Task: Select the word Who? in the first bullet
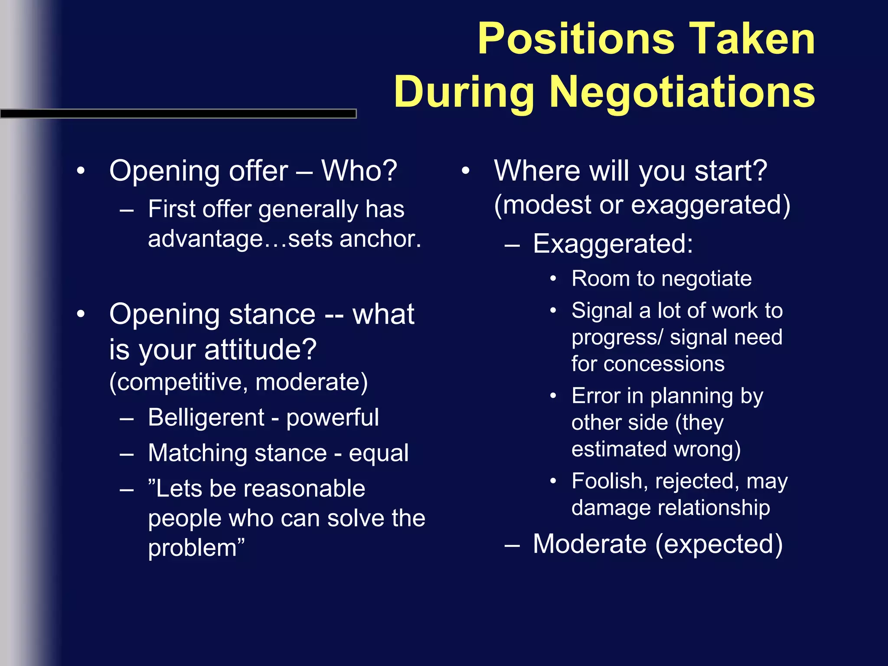(x=359, y=170)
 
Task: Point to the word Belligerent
(x=206, y=417)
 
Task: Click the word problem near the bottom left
(x=193, y=547)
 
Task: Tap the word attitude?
(x=261, y=349)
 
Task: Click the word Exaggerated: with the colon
(x=613, y=243)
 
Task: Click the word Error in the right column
(x=596, y=396)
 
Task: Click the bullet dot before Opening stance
(x=81, y=314)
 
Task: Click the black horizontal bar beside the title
(x=178, y=114)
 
